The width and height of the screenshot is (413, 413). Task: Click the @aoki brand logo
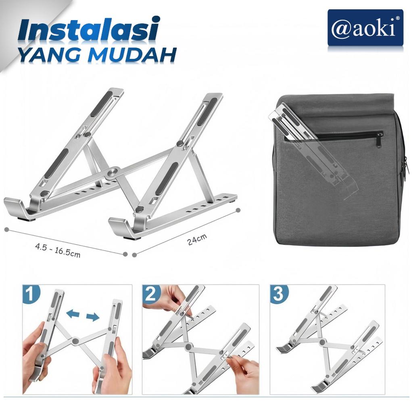coord(365,28)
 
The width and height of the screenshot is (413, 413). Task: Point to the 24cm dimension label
coord(197,240)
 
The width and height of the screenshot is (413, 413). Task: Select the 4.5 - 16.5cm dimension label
coord(58,250)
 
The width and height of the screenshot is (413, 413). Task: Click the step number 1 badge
coord(31,294)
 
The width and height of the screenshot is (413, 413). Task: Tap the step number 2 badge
coord(151,294)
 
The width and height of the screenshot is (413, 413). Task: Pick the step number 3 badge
coord(279,294)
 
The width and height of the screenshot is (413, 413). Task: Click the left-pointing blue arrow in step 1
coord(73,313)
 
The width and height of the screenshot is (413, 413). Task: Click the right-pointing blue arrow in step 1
coord(92,317)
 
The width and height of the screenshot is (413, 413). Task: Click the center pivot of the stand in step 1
coord(75,341)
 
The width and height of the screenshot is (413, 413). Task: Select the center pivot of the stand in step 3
coord(322,342)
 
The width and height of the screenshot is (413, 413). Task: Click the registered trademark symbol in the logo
coord(398,18)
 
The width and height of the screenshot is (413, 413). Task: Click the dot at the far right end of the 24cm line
coord(238,210)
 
